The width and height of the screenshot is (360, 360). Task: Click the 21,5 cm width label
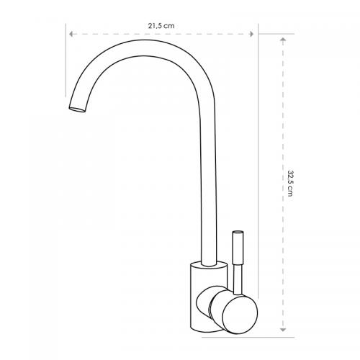[x=161, y=26]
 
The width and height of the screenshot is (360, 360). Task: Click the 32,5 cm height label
[x=290, y=184]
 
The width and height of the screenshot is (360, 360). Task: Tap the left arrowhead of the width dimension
[x=71, y=34]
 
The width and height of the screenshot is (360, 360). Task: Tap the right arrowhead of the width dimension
[x=251, y=34]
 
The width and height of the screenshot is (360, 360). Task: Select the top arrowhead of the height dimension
[x=283, y=40]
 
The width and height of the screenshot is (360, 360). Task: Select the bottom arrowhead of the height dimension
[x=283, y=330]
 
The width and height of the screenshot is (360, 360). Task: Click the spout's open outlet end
[x=77, y=109]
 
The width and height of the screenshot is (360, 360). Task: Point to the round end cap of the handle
[x=240, y=315]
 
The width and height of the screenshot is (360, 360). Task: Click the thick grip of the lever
[x=238, y=247]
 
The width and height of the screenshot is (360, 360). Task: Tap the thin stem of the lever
[x=238, y=279]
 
